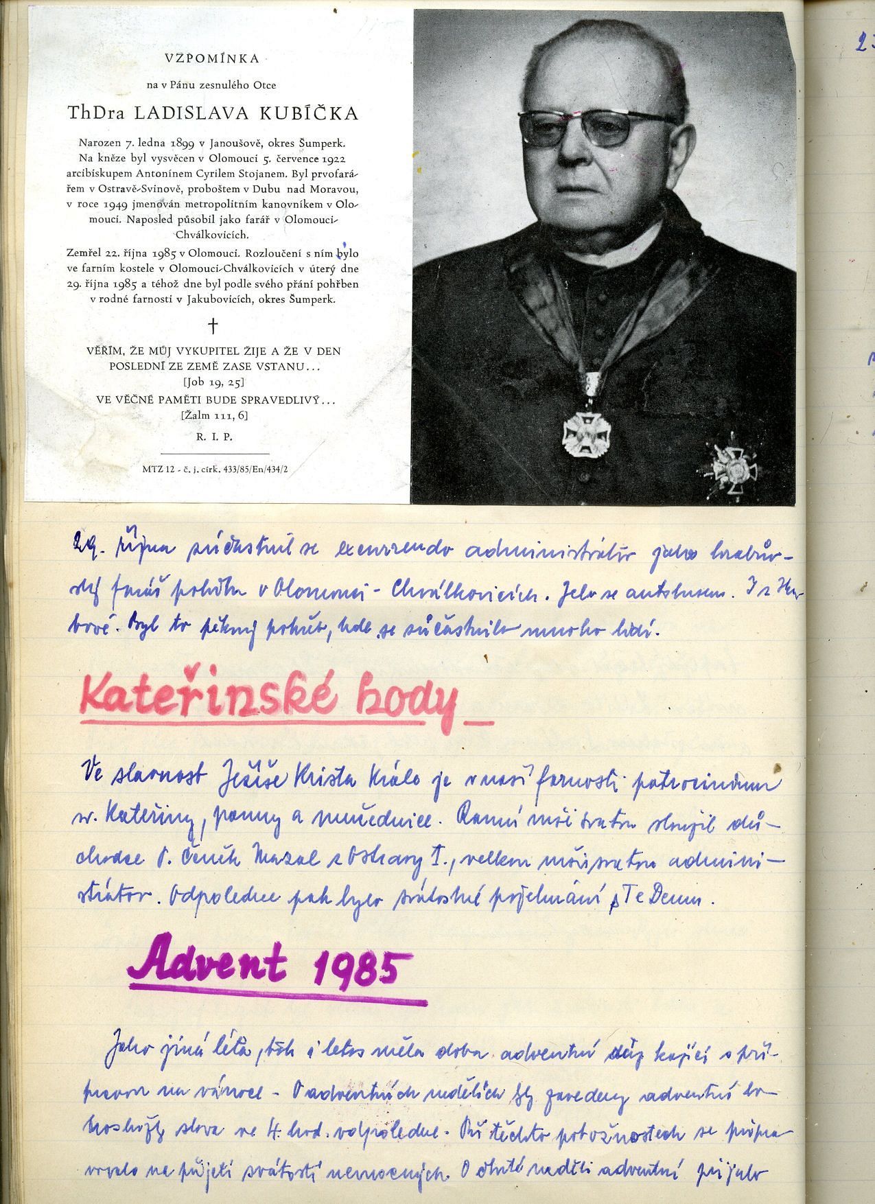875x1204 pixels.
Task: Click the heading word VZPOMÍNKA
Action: pyautogui.click(x=213, y=58)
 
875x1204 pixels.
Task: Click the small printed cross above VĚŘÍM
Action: pyautogui.click(x=213, y=325)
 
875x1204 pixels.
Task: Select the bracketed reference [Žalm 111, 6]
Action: pyautogui.click(x=213, y=416)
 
